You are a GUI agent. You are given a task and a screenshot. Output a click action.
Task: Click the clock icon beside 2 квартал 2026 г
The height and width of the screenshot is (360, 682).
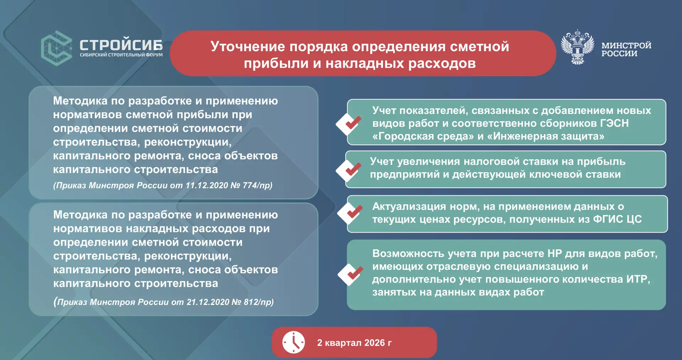pyautogui.click(x=293, y=343)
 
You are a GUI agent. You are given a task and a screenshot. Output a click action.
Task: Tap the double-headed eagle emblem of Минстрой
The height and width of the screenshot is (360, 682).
pyautogui.click(x=578, y=47)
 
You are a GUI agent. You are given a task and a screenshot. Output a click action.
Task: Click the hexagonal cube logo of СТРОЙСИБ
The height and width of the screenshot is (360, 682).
pyautogui.click(x=57, y=49)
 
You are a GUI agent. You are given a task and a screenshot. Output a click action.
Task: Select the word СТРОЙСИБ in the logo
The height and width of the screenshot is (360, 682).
pyautogui.click(x=121, y=45)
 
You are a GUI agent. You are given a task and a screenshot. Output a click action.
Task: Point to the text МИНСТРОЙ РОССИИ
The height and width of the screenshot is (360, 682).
pyautogui.click(x=626, y=49)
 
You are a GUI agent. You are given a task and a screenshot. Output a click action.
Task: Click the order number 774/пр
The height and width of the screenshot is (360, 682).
pyautogui.click(x=258, y=185)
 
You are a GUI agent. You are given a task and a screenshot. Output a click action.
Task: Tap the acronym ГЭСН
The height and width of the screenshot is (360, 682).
pyautogui.click(x=614, y=123)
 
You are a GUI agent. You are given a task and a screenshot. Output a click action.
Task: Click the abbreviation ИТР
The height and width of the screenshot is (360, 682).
pyautogui.click(x=637, y=279)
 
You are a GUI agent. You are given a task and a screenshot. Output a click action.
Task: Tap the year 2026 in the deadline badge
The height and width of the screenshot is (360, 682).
pyautogui.click(x=374, y=343)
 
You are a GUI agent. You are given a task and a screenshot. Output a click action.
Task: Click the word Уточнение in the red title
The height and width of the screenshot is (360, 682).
pyautogui.click(x=248, y=47)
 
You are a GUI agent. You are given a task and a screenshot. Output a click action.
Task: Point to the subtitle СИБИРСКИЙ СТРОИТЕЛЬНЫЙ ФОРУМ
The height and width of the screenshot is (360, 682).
pyautogui.click(x=121, y=55)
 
